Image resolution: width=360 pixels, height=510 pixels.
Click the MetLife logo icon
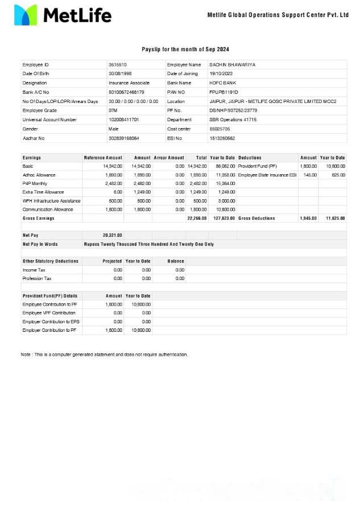tap(25, 15)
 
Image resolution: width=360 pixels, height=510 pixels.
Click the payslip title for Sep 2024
tap(185, 50)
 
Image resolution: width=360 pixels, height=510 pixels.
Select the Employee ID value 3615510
tap(118, 65)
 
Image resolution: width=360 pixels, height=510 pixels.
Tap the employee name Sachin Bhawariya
tap(232, 65)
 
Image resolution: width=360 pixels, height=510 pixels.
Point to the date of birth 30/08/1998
tap(120, 74)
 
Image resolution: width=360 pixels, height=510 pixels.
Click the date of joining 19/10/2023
tap(221, 74)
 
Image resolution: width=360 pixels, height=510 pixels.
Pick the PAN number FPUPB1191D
tap(224, 92)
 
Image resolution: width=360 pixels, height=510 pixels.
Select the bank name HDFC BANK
tap(222, 83)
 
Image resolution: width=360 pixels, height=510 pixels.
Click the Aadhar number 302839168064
tap(123, 138)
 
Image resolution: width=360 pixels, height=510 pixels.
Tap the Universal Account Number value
tap(123, 120)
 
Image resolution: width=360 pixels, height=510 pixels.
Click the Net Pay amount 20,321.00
tap(112, 235)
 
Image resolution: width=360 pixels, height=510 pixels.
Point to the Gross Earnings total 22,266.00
tap(197, 218)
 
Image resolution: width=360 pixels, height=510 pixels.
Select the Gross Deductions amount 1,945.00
tap(308, 218)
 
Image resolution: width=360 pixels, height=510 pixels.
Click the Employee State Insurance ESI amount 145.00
tap(310, 175)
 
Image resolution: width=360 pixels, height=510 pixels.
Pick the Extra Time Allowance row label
tap(43, 192)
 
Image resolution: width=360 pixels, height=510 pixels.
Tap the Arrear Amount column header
tap(169, 158)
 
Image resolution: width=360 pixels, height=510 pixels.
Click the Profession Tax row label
tap(37, 278)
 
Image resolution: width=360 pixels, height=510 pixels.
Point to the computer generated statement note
tap(104, 355)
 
